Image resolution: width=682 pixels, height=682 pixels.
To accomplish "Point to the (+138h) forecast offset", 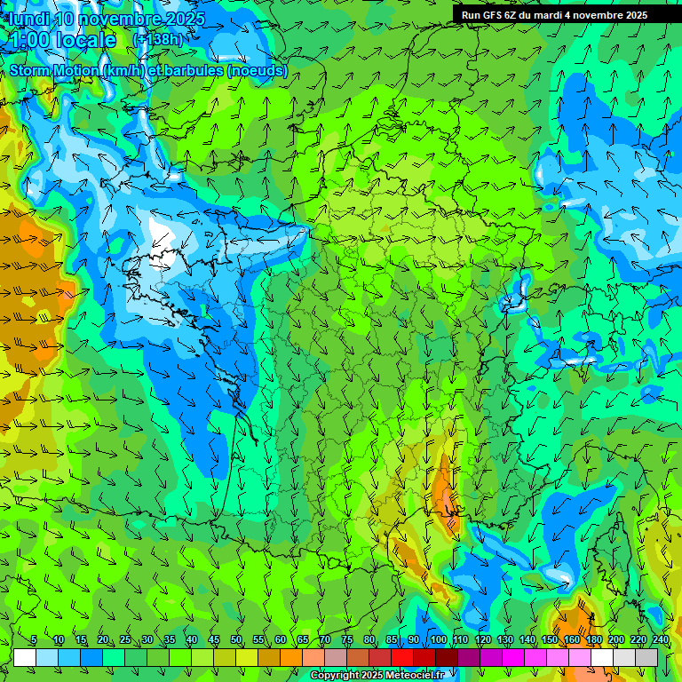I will point(158,40).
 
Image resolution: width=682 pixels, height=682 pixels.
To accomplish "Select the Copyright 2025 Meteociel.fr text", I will point(377,676).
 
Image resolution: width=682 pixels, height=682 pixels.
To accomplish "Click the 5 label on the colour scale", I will point(34,640).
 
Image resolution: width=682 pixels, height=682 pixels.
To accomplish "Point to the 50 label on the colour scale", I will point(236,640).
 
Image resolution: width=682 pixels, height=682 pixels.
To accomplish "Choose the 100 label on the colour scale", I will point(438,640).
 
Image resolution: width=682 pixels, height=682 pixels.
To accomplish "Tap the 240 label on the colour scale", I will point(660,640).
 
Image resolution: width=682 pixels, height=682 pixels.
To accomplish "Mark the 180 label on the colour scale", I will point(593,640).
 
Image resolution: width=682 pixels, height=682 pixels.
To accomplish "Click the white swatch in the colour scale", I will point(25,657).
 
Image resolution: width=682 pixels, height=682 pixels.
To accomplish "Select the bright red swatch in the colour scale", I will point(402,657).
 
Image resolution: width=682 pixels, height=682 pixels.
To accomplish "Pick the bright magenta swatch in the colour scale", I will point(513,657).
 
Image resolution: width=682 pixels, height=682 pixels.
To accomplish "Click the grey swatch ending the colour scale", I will point(646,657).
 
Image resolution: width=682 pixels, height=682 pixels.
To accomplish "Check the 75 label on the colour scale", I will point(347,640).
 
